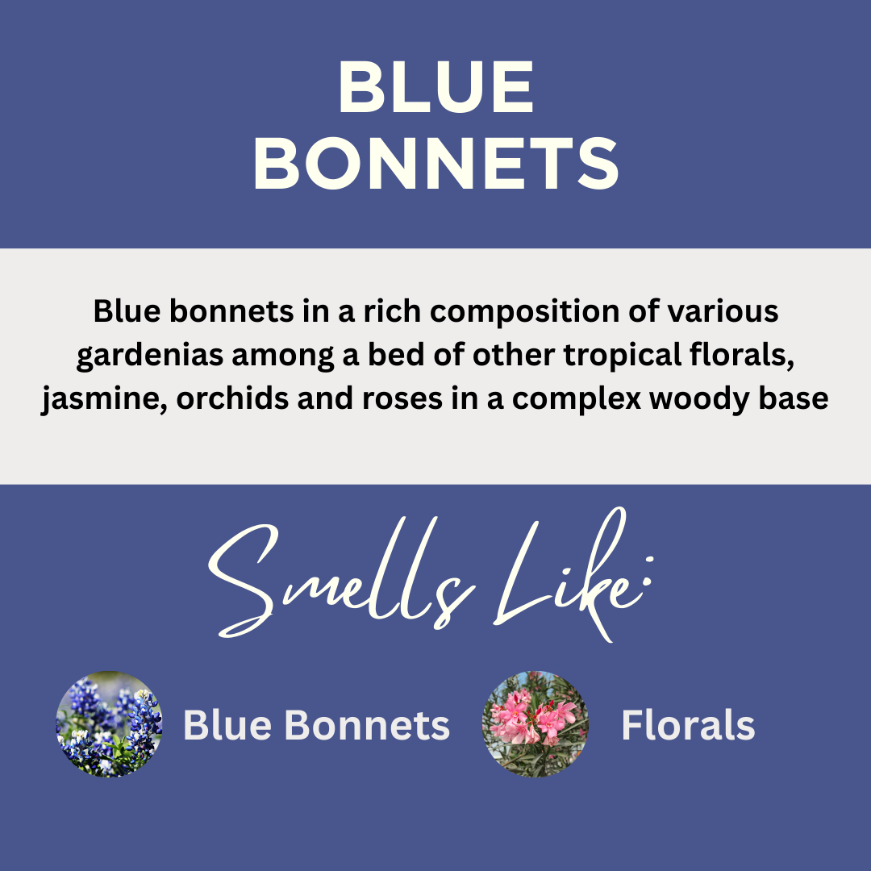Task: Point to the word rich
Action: tap(384, 312)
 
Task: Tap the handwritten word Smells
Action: tap(339, 581)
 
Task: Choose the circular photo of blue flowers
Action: tap(109, 724)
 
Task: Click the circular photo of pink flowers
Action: tap(535, 724)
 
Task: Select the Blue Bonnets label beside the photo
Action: tap(316, 726)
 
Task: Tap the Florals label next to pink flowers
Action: tap(688, 726)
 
